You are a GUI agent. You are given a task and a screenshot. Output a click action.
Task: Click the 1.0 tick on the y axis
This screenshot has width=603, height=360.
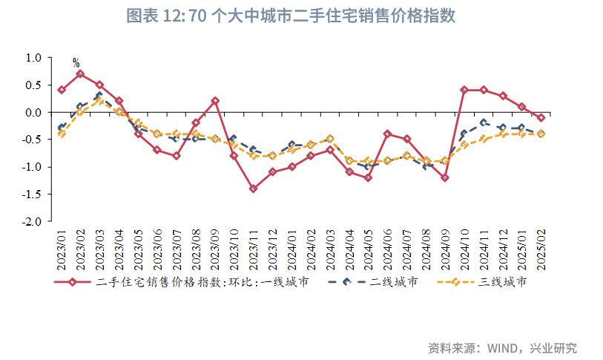33,58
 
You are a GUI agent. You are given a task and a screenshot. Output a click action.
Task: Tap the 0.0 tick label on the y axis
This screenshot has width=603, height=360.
33,112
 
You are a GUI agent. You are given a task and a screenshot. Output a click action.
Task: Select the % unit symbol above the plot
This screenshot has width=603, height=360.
76,63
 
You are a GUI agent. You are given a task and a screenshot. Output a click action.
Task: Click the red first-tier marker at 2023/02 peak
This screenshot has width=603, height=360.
80,74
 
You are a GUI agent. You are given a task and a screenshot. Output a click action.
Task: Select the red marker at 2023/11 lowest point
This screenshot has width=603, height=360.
253,189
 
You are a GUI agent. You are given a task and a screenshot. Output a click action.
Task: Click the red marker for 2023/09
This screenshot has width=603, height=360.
214,101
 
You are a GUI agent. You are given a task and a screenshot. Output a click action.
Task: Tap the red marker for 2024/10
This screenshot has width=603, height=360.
464,90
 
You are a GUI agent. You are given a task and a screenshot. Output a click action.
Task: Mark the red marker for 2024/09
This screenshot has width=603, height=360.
445,177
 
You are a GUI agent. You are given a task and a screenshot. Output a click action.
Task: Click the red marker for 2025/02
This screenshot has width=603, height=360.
541,117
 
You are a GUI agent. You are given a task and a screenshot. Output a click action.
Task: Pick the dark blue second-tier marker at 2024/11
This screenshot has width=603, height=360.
484,122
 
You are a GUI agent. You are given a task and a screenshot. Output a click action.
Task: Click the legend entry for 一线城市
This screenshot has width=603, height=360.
200,282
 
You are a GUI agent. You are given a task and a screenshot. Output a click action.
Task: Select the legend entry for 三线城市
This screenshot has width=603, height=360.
490,282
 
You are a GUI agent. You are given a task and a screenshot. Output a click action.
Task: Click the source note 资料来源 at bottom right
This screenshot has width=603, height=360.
502,347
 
